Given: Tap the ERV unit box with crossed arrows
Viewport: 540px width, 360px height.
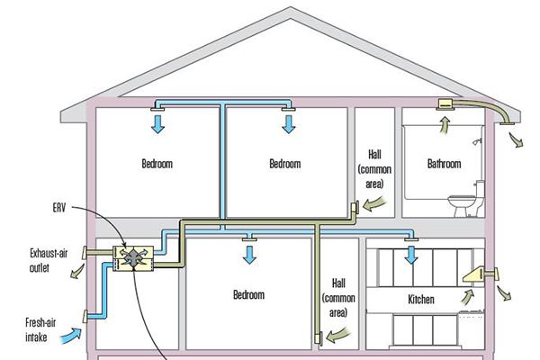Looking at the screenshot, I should (134, 257).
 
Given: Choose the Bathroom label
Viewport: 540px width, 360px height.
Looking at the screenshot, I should (445, 164).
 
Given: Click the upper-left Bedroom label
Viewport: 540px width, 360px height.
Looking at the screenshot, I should (157, 164).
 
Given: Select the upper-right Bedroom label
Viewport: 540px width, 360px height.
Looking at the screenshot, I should (284, 164).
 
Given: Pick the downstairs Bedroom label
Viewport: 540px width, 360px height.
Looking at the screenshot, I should (248, 295).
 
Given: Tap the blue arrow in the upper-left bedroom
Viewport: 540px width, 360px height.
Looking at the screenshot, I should (158, 123).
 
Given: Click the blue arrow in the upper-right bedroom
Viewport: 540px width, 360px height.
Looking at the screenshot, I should (289, 123).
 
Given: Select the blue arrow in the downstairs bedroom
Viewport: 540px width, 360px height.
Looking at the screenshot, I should (247, 255).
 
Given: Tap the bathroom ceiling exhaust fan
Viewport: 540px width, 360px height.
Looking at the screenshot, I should (444, 105).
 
